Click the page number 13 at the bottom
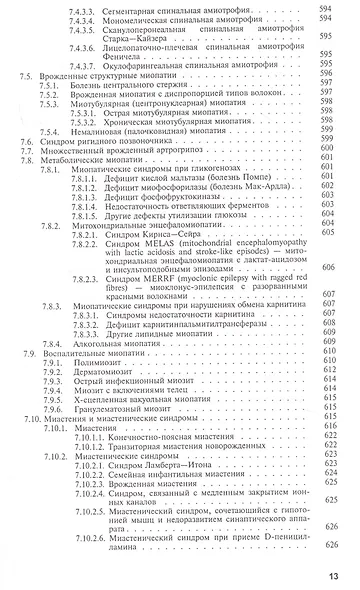pos(344,575)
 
